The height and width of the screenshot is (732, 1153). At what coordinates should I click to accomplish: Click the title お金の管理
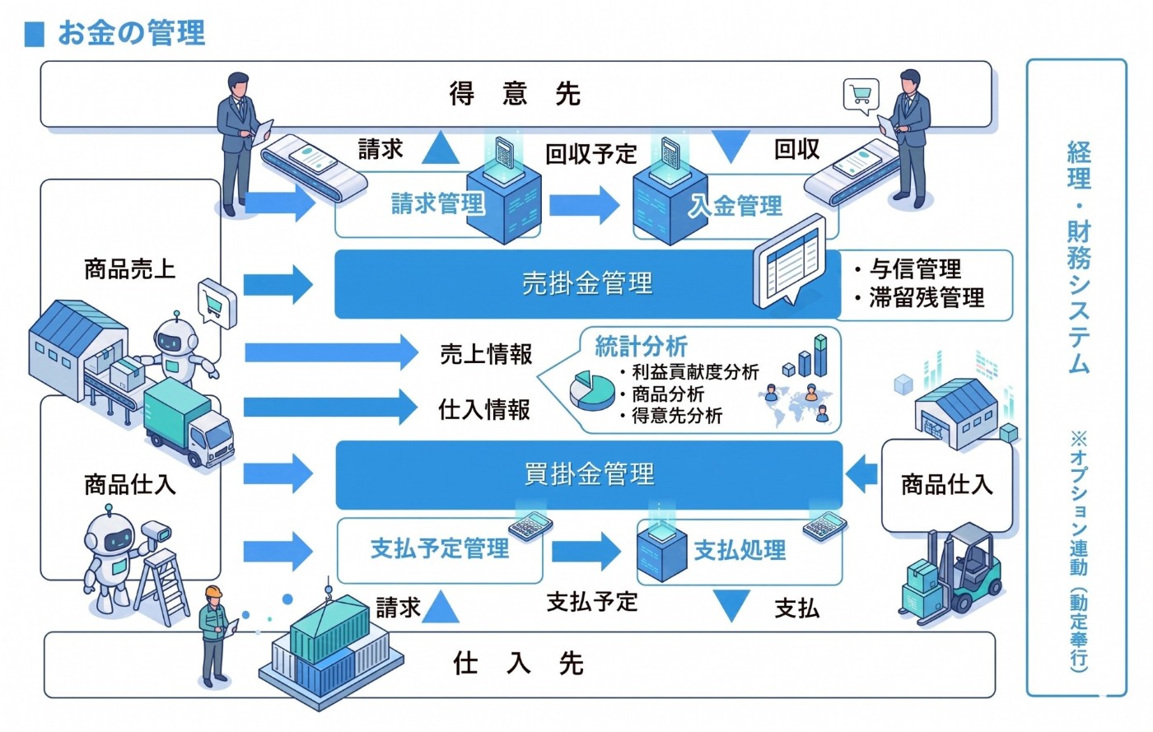point(131,33)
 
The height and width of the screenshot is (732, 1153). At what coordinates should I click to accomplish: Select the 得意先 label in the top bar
point(515,94)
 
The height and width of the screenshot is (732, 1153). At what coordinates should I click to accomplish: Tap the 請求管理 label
point(436,203)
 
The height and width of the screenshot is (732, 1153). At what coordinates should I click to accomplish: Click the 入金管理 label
point(735,206)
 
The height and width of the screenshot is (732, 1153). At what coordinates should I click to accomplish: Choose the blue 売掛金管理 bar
point(586,284)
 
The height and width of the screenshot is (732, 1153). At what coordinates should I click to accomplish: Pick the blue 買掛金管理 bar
point(588,474)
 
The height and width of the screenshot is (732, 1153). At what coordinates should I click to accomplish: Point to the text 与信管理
point(915,269)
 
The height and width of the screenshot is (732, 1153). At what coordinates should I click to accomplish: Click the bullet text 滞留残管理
point(926,297)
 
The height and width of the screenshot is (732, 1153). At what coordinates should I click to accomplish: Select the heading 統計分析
point(640,347)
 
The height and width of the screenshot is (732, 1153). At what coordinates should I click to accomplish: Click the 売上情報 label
point(486,354)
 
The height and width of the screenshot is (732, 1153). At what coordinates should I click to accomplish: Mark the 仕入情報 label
point(484,409)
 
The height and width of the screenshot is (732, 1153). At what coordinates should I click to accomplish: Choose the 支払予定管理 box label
point(439,548)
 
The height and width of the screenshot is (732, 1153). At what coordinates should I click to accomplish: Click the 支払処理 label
point(740,550)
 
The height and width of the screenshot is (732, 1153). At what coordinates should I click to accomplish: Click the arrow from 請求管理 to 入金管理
point(584,204)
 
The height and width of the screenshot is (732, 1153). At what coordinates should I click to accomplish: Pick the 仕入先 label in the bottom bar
point(518,663)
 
